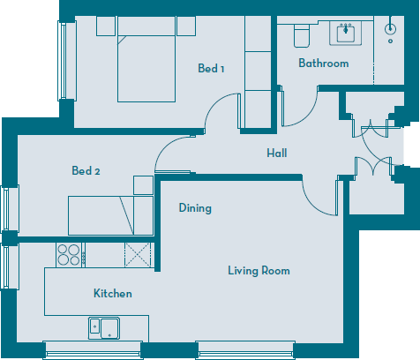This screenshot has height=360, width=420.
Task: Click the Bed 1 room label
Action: (x=210, y=69)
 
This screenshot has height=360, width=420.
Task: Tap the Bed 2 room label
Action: (x=86, y=171)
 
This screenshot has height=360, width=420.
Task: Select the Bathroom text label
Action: (x=323, y=64)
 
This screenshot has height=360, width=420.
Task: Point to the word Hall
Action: (x=277, y=154)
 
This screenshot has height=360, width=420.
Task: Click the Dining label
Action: (x=195, y=208)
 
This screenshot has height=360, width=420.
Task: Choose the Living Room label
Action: (x=259, y=271)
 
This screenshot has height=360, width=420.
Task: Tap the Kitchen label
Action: (x=113, y=293)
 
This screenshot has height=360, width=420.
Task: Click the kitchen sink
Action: (x=104, y=327)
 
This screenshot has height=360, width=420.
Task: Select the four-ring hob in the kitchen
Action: (x=70, y=254)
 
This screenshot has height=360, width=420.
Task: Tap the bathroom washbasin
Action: (x=343, y=33)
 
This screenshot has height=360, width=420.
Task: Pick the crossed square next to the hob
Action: (x=137, y=254)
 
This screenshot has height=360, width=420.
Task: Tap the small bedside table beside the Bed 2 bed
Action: (x=143, y=184)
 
